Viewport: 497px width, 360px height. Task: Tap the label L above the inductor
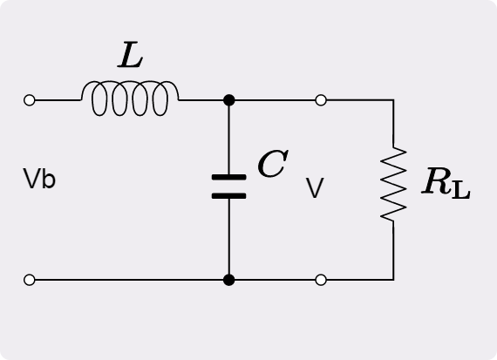click(x=130, y=55)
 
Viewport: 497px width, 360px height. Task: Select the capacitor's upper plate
click(x=228, y=177)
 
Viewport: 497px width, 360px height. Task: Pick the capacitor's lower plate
click(x=228, y=196)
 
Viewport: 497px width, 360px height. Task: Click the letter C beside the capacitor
click(x=273, y=164)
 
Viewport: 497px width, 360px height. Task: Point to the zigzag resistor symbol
click(x=393, y=184)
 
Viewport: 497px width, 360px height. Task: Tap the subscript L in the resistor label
click(x=461, y=191)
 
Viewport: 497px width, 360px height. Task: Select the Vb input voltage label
click(x=39, y=179)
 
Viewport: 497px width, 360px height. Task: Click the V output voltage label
click(x=315, y=187)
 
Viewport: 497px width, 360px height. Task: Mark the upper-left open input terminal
click(x=30, y=100)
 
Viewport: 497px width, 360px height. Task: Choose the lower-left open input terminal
click(x=30, y=280)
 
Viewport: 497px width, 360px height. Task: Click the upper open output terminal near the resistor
click(x=321, y=100)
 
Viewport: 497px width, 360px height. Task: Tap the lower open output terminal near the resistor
click(x=321, y=280)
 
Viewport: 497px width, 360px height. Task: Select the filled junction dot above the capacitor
click(x=228, y=100)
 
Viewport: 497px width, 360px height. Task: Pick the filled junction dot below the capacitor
click(x=228, y=280)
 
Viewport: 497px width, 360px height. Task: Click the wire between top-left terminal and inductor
click(x=58, y=100)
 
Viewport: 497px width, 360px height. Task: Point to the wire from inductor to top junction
click(x=201, y=100)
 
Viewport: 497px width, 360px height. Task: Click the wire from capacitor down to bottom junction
click(x=228, y=237)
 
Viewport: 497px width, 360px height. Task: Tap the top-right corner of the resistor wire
click(x=393, y=100)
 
